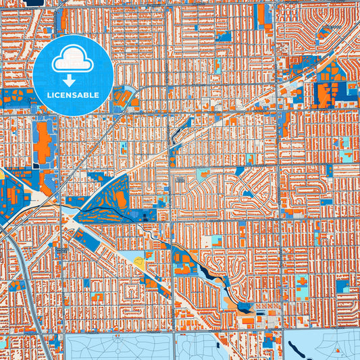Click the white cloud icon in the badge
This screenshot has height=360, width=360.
74,59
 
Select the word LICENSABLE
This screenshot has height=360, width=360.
74,95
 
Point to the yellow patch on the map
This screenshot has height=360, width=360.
140,258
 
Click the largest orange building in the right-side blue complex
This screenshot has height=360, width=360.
324,95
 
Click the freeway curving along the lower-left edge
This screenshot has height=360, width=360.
30,297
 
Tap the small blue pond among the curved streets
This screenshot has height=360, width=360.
247,194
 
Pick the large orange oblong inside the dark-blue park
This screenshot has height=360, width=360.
120,199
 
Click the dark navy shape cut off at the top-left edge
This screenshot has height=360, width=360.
31,3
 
